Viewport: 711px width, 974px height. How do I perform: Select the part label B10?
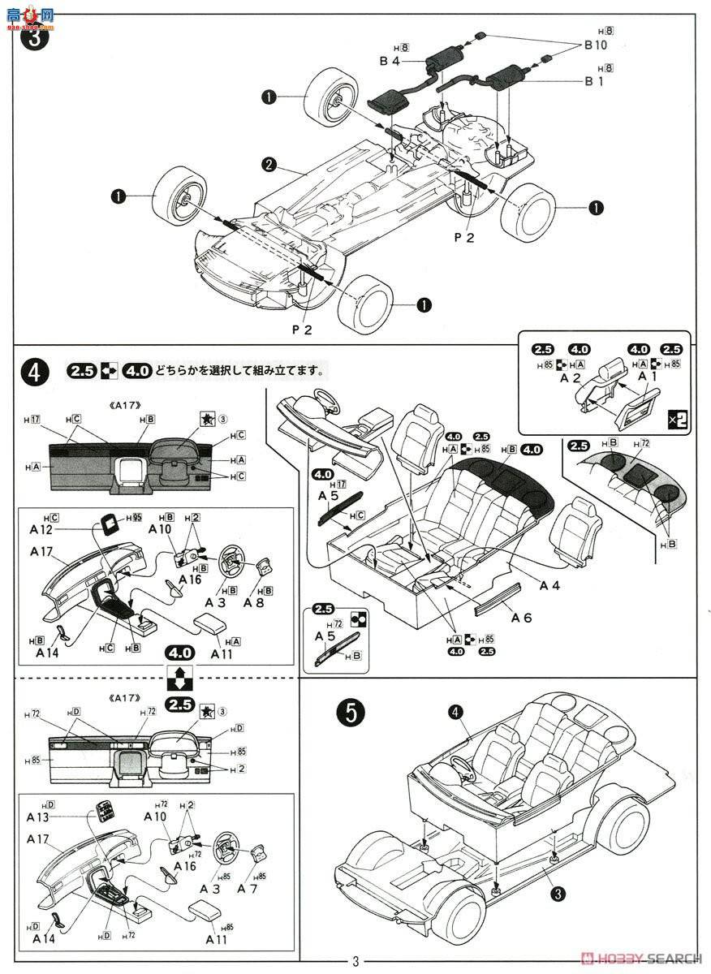pyautogui.click(x=595, y=45)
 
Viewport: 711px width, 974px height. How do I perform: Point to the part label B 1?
pyautogui.click(x=595, y=81)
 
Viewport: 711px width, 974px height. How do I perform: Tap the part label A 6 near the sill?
pyautogui.click(x=521, y=617)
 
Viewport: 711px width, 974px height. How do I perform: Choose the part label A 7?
pyautogui.click(x=247, y=888)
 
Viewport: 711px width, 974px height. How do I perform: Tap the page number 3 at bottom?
pyautogui.click(x=355, y=962)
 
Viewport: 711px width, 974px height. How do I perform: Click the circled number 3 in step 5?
pyautogui.click(x=558, y=894)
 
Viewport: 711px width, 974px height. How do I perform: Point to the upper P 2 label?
pyautogui.click(x=463, y=236)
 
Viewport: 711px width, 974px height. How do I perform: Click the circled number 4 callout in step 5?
pyautogui.click(x=456, y=712)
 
